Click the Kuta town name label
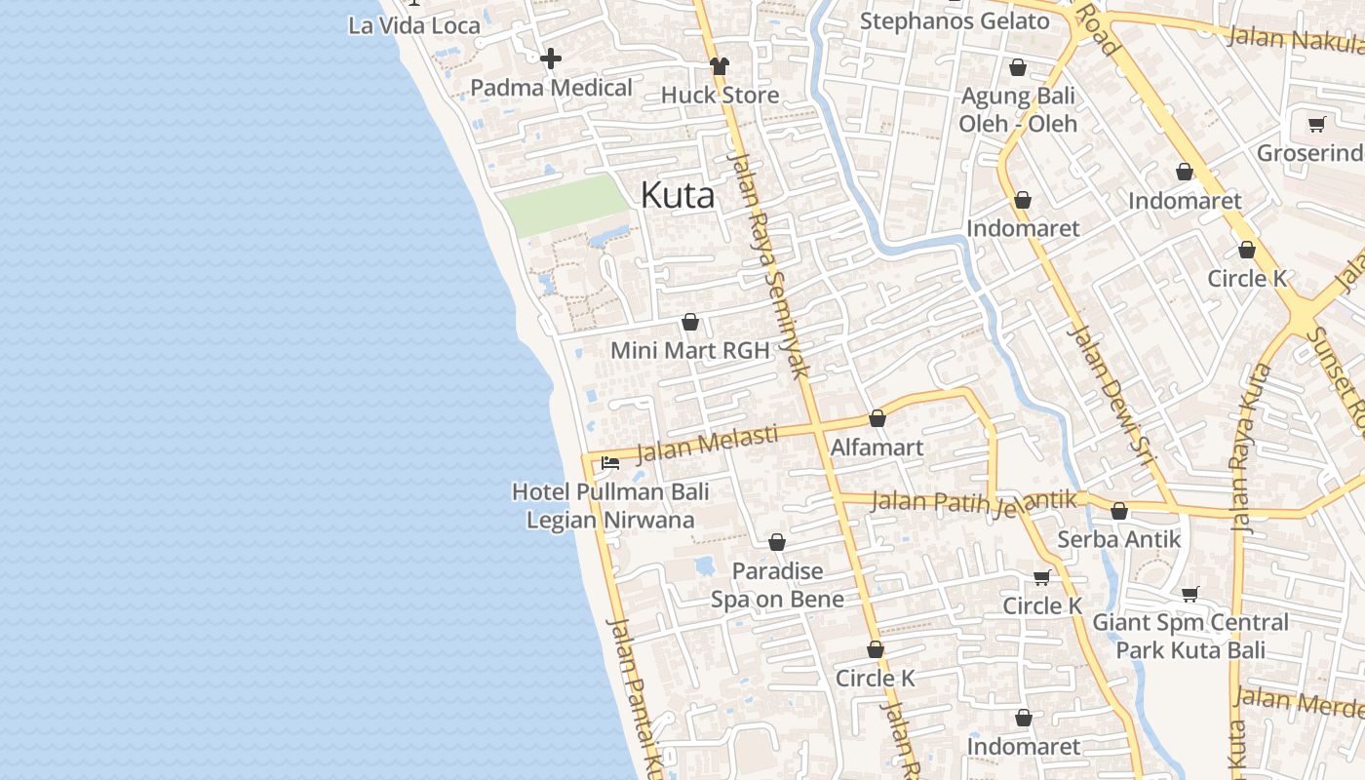677,196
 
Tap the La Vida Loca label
414,25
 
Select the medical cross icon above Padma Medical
551,58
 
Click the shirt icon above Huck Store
720,66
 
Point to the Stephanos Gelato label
955,20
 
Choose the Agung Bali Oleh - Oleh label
1018,110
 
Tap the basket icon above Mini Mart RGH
690,322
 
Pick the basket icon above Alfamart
877,419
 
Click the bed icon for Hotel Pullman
610,462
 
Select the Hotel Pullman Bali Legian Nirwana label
610,505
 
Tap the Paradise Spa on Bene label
777,585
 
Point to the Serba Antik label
1118,539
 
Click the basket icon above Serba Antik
1119,511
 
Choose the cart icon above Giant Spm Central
1189,593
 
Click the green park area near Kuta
564,206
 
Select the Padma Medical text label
551,88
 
